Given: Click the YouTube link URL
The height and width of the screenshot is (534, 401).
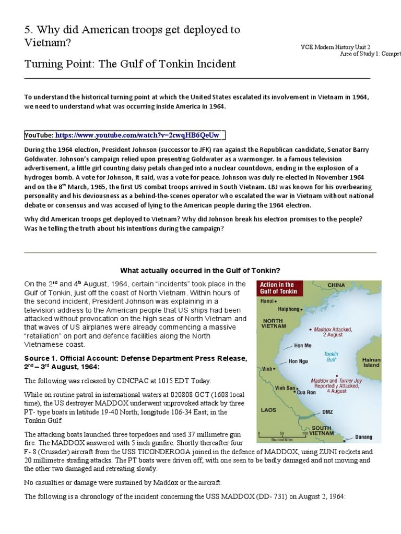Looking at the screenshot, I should click(x=137, y=136).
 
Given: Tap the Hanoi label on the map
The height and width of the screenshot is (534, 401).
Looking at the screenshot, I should click(x=268, y=301).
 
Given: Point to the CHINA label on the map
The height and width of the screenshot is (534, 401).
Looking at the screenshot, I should click(x=336, y=285).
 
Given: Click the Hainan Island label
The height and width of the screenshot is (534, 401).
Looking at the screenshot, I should click(x=371, y=362).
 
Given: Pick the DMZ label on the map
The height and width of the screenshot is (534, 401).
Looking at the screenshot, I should click(x=327, y=412).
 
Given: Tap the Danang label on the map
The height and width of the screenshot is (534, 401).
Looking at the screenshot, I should click(x=363, y=437).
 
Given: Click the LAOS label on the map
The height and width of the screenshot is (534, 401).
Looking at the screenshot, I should click(x=268, y=410).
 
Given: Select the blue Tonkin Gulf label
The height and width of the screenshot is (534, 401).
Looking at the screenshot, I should click(x=331, y=357).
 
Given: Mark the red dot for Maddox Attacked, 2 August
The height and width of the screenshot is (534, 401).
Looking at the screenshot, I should click(x=311, y=330).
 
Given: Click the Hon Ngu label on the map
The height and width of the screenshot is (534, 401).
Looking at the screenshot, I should click(x=298, y=361).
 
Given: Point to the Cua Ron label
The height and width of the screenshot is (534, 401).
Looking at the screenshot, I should click(x=306, y=392).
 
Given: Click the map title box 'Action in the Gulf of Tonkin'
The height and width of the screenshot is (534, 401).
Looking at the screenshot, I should click(x=278, y=288).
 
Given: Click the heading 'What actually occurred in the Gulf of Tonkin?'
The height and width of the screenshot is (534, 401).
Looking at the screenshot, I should click(x=200, y=271).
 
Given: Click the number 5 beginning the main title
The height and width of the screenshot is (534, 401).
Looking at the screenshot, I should click(x=28, y=30).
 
